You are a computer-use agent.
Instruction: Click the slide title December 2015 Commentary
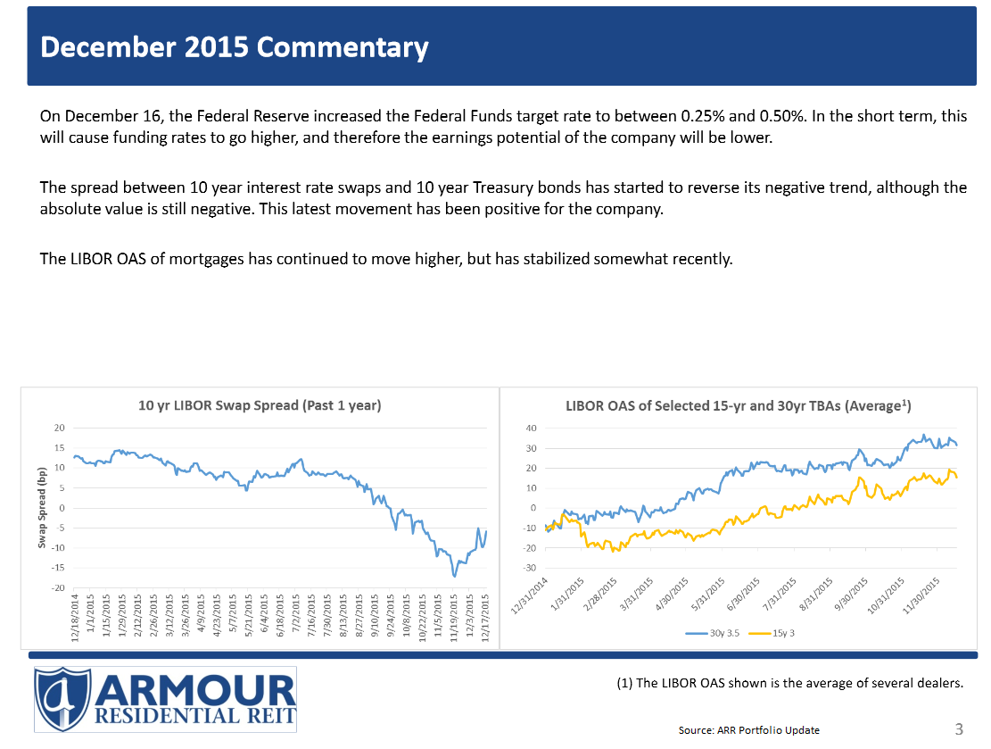click(235, 47)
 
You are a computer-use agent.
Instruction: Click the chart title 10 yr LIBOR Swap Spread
click(260, 405)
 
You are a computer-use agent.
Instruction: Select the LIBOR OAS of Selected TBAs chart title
click(739, 405)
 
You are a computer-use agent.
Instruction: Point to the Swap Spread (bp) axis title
click(42, 506)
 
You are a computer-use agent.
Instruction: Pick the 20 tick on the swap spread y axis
click(59, 429)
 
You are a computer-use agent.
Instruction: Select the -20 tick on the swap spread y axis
click(57, 587)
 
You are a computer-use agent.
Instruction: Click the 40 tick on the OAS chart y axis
click(530, 429)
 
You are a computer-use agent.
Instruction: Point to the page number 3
click(959, 729)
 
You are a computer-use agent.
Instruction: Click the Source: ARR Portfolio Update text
click(748, 730)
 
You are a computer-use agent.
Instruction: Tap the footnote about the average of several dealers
click(790, 684)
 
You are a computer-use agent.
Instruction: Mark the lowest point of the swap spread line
click(455, 576)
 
